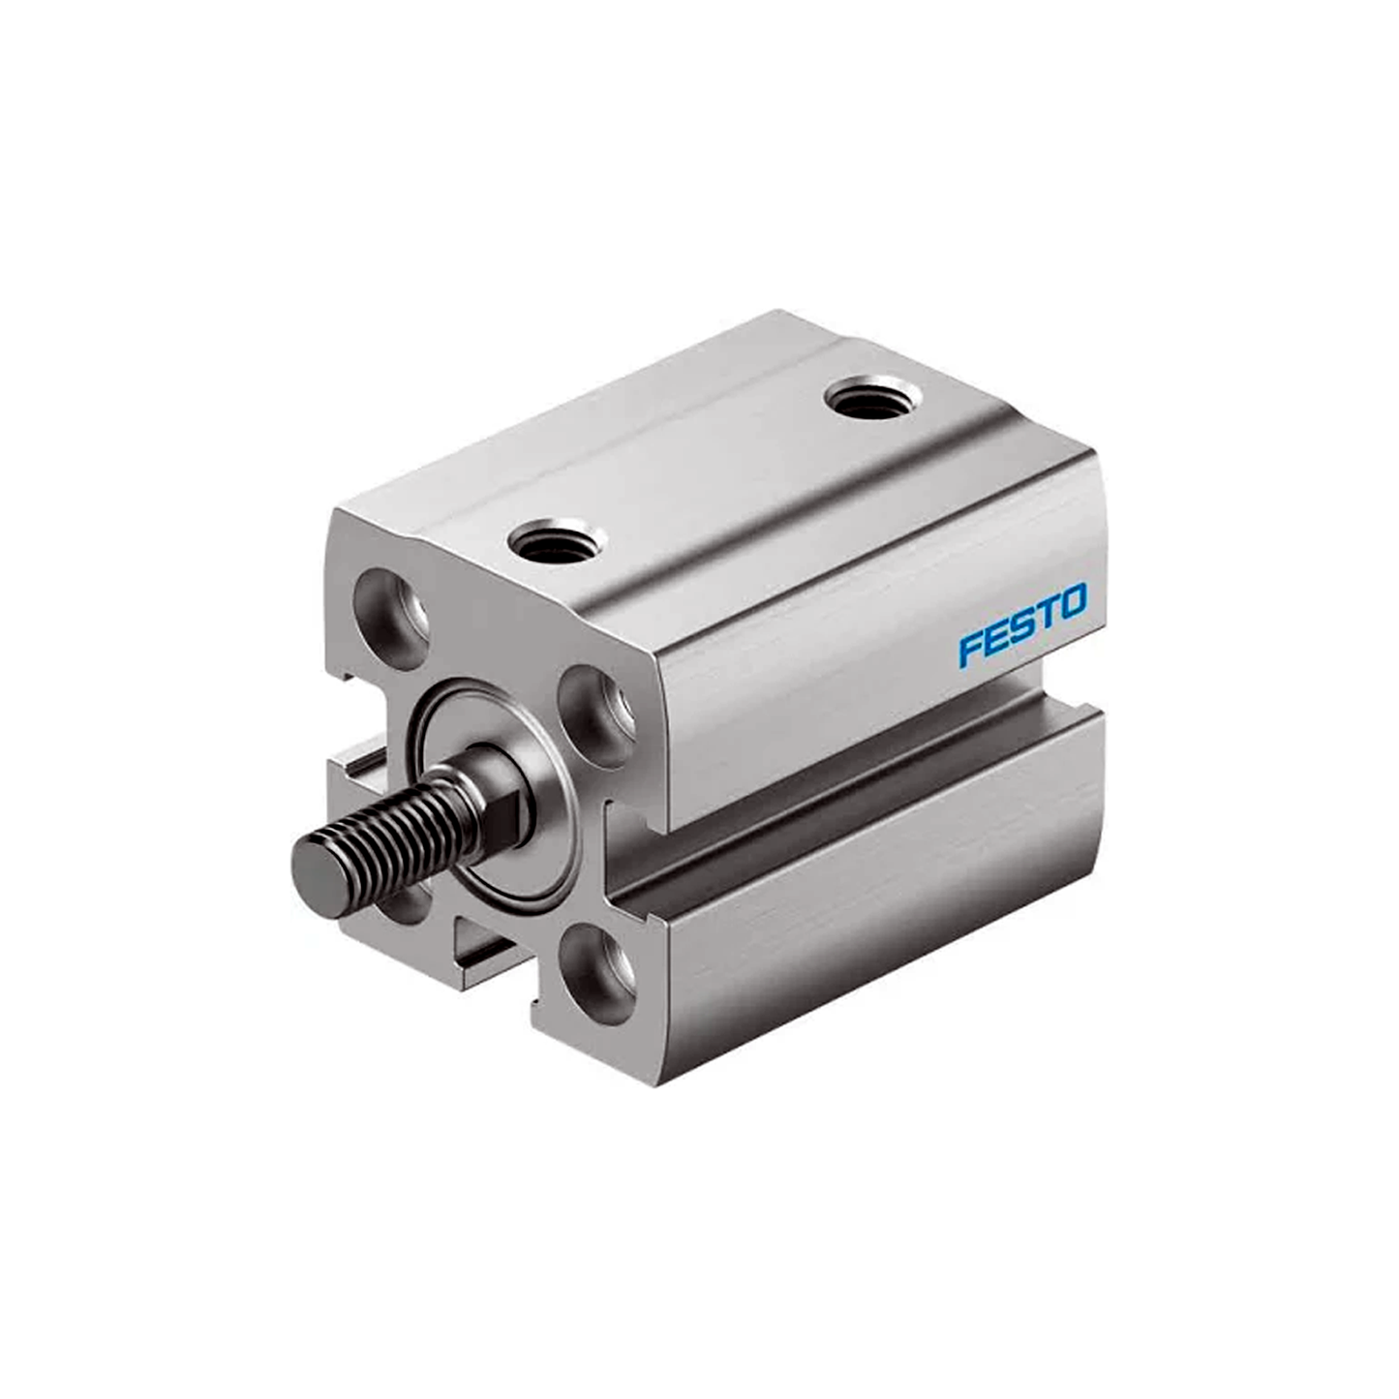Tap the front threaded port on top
pos(558,538)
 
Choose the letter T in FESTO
pos(1047,615)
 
